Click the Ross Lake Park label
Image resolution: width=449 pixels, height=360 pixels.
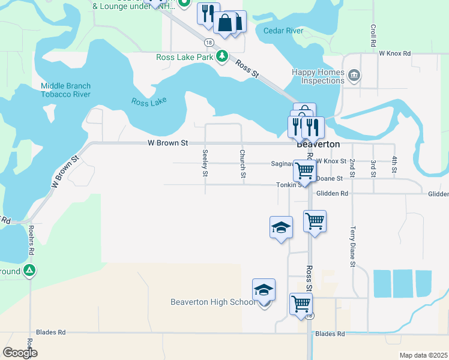[x=185, y=58]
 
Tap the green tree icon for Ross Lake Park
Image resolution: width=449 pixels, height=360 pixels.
[x=222, y=57]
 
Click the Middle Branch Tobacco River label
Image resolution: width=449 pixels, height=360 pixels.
[x=65, y=90]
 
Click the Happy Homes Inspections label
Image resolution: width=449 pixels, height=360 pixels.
[x=319, y=76]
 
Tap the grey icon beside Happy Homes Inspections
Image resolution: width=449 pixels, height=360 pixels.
[x=354, y=76]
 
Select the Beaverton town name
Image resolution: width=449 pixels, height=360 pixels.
[x=318, y=145]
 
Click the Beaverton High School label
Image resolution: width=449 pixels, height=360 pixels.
[x=213, y=302]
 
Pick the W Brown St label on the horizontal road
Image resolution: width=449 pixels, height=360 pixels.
[x=168, y=143]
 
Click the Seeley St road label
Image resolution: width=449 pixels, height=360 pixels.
[x=205, y=163]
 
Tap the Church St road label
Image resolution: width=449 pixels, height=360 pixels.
[x=243, y=163]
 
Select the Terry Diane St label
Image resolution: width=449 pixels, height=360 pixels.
[x=353, y=247]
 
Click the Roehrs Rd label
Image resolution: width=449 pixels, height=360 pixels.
[x=31, y=243]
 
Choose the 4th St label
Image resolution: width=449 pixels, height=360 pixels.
[x=394, y=164]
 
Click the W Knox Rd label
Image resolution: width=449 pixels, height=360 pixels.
[x=394, y=53]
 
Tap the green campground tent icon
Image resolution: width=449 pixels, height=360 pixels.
[x=29, y=271]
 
